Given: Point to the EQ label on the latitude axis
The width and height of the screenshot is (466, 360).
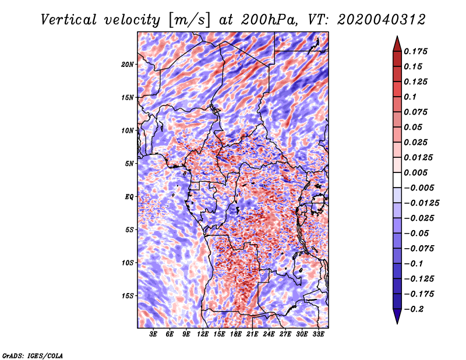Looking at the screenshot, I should (x=129, y=196).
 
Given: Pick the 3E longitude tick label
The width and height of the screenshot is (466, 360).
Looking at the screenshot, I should (x=154, y=334).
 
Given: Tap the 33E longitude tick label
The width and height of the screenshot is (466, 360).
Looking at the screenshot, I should (x=319, y=334).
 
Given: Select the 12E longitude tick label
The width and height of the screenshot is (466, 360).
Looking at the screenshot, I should (x=203, y=334).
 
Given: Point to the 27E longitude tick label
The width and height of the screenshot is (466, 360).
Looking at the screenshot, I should (x=285, y=334).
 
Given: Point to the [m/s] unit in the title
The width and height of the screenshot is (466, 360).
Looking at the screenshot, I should (x=186, y=20).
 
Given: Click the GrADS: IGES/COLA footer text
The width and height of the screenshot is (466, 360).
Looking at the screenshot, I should (x=32, y=354).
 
